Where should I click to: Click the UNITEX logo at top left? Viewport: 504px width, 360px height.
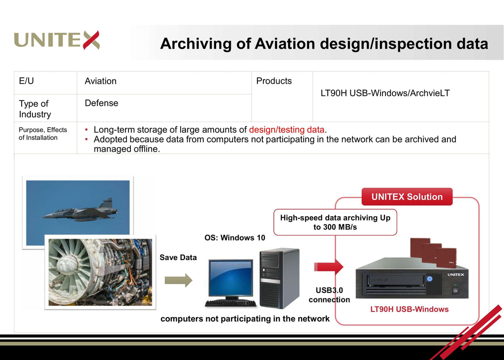[57, 40]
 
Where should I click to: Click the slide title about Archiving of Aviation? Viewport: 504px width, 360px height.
[324, 44]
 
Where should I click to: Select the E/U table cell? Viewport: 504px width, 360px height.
[27, 81]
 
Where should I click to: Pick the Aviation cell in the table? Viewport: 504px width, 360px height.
[100, 81]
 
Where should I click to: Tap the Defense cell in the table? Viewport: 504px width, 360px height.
[101, 103]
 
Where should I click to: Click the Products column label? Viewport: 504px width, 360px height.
[274, 81]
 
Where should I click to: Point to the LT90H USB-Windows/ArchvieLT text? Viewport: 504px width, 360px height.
[385, 93]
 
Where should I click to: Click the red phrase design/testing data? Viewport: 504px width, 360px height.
[287, 130]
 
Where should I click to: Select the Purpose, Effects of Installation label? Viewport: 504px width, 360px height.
[43, 133]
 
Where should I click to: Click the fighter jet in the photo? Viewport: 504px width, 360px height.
[81, 211]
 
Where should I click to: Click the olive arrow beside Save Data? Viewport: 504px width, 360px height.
[178, 280]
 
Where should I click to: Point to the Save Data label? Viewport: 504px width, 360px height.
[178, 258]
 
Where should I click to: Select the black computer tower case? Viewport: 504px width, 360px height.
[279, 278]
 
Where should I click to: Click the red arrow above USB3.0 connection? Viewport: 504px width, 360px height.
[329, 267]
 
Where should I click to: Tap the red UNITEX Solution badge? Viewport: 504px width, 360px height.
[407, 197]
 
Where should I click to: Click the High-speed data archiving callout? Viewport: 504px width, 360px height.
[335, 222]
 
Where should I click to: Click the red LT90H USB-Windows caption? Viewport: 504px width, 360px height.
[409, 309]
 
